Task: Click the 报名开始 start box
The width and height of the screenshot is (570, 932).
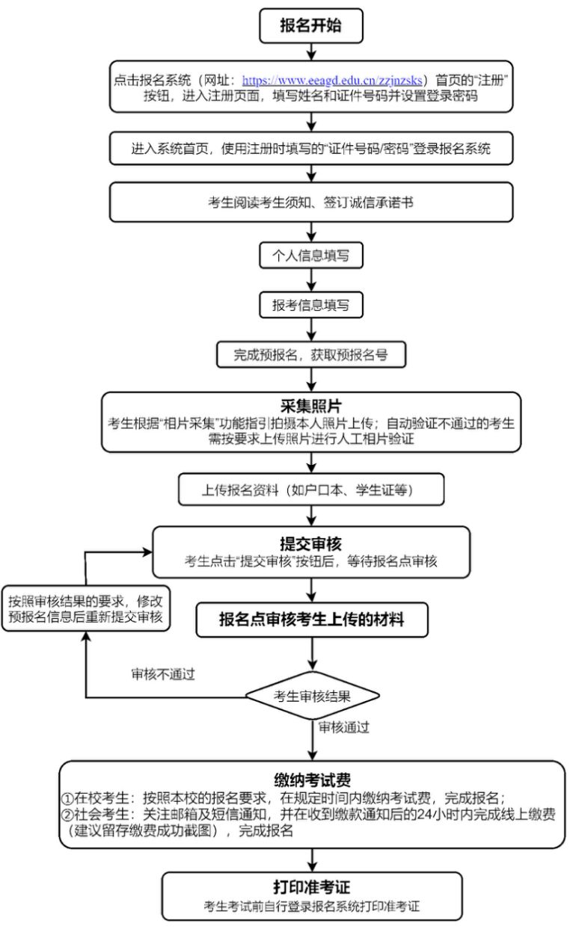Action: pyautogui.click(x=311, y=26)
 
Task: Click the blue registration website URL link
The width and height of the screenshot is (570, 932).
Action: pyautogui.click(x=332, y=80)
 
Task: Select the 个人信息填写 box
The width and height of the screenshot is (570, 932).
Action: pyautogui.click(x=311, y=255)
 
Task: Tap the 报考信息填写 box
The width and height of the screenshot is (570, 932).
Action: pyautogui.click(x=311, y=305)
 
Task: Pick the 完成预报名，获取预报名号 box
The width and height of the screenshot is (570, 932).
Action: pyautogui.click(x=311, y=354)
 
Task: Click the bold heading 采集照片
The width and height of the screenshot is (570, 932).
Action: pyautogui.click(x=311, y=406)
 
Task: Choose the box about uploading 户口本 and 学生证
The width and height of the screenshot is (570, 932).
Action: pyautogui.click(x=311, y=490)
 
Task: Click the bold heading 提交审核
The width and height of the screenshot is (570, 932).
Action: pyautogui.click(x=311, y=544)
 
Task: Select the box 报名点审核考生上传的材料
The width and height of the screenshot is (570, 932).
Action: pyautogui.click(x=312, y=620)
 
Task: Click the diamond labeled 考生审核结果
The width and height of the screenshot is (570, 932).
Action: pyautogui.click(x=312, y=696)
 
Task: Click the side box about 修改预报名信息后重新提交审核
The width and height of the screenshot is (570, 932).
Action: pyautogui.click(x=86, y=608)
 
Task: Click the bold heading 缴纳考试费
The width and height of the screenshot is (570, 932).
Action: pyautogui.click(x=312, y=780)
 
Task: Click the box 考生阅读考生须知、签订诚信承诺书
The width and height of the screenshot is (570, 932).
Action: pyautogui.click(x=311, y=203)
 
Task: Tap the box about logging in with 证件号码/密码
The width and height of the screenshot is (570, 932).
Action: pyautogui.click(x=311, y=149)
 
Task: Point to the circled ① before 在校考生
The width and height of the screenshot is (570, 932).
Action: pyautogui.click(x=67, y=798)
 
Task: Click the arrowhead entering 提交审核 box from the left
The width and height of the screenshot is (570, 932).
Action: pyautogui.click(x=148, y=552)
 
